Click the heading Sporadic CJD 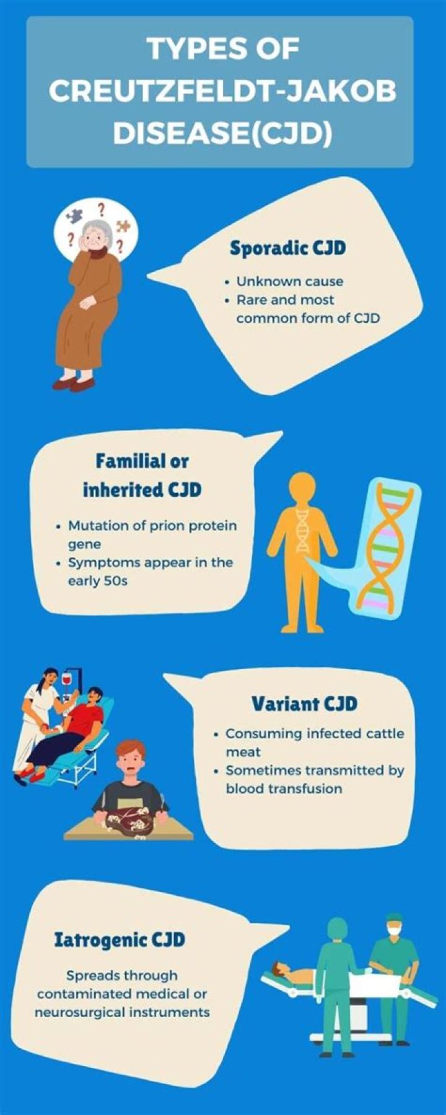pyautogui.click(x=287, y=248)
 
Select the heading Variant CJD pyautogui.click(x=304, y=704)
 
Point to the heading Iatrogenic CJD pyautogui.click(x=120, y=940)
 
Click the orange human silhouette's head pyautogui.click(x=302, y=488)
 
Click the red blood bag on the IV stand pyautogui.click(x=68, y=680)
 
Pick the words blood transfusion pyautogui.click(x=284, y=789)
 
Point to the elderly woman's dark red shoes pyautogui.click(x=73, y=385)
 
